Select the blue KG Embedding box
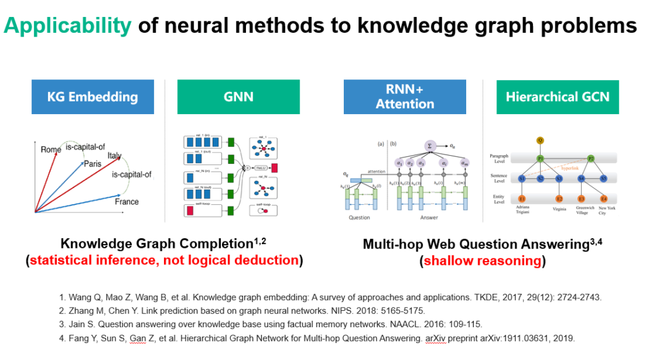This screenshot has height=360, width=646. click(x=93, y=96)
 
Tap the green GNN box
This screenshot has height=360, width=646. click(x=238, y=96)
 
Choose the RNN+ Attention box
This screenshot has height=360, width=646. click(x=405, y=96)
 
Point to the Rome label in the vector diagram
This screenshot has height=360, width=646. click(x=51, y=149)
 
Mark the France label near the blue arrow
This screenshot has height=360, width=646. click(x=127, y=202)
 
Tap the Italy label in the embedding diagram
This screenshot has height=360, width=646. click(x=115, y=156)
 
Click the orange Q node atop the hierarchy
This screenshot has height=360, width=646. click(x=539, y=139)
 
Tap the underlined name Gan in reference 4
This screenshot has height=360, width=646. click(x=131, y=338)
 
